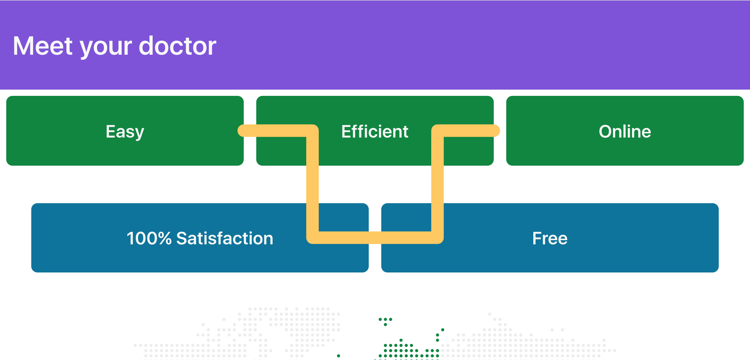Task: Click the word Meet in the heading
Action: [x=43, y=46]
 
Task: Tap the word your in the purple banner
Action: [x=106, y=48]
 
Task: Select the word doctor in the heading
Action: [x=178, y=46]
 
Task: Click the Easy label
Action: [x=125, y=132]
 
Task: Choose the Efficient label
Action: [x=375, y=131]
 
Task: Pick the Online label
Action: [x=625, y=131]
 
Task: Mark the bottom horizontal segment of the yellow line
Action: [x=375, y=238]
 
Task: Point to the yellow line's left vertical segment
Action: [x=312, y=184]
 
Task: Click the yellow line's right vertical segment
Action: [x=437, y=184]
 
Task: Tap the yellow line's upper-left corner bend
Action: [x=312, y=131]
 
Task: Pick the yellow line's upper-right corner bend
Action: [x=437, y=131]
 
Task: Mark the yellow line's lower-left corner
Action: [x=312, y=238]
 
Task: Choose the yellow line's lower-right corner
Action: [x=437, y=238]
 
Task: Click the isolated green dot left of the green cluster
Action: [x=338, y=356]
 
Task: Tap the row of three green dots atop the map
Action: [x=385, y=319]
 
